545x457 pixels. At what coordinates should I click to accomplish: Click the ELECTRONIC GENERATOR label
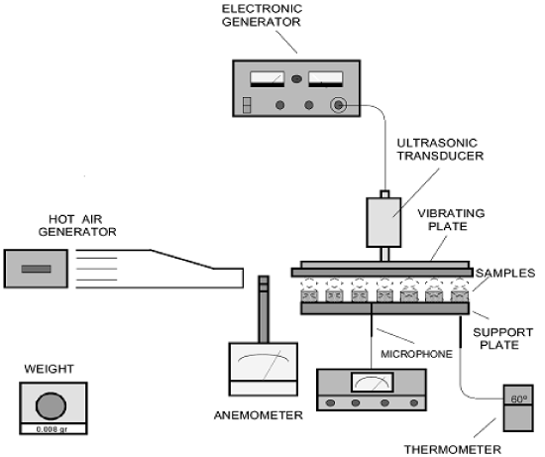tap(262, 15)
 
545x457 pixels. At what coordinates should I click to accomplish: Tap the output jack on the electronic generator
tap(338, 105)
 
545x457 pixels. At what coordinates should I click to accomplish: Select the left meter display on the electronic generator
tap(268, 79)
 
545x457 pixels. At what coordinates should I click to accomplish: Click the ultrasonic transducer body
tap(383, 222)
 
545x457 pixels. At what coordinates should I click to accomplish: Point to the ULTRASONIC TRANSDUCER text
tap(440, 150)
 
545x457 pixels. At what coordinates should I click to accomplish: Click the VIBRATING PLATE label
tap(451, 220)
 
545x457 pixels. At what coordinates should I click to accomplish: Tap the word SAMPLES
tap(505, 273)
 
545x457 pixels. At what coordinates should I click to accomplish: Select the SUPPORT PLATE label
tap(502, 339)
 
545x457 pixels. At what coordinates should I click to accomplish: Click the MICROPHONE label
tap(417, 354)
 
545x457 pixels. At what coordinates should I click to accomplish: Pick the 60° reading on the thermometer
tap(518, 400)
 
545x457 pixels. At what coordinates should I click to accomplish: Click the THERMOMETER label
tap(452, 450)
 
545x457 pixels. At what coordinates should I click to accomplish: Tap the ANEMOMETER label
tap(259, 415)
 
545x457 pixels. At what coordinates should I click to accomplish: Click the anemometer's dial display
tap(264, 362)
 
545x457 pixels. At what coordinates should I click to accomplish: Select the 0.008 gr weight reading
tap(53, 429)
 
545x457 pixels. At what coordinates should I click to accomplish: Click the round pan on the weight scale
tap(51, 405)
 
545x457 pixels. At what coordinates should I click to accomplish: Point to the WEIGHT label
tap(49, 369)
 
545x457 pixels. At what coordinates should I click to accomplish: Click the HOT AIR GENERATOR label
tap(77, 225)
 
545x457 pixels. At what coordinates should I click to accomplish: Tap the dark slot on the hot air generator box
tap(36, 269)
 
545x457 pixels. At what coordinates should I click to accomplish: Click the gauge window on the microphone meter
tap(373, 383)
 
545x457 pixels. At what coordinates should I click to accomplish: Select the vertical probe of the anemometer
tap(264, 309)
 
